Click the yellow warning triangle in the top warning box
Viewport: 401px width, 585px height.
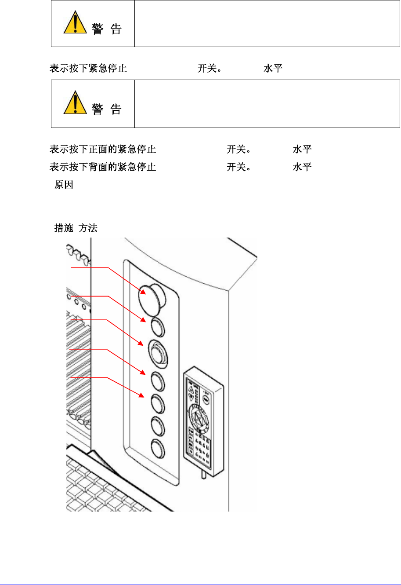point(75,23)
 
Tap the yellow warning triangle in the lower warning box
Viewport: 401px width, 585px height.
point(75,103)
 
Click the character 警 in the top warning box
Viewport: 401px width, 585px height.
point(98,29)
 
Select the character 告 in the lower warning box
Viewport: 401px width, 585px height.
point(116,109)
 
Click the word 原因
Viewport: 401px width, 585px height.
point(64,185)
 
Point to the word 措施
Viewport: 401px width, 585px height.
point(64,228)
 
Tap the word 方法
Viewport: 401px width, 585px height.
point(88,228)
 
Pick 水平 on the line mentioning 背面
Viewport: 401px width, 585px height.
point(302,167)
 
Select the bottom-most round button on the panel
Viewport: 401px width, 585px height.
point(158,449)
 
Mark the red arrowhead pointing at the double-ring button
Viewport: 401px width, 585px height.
point(141,343)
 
